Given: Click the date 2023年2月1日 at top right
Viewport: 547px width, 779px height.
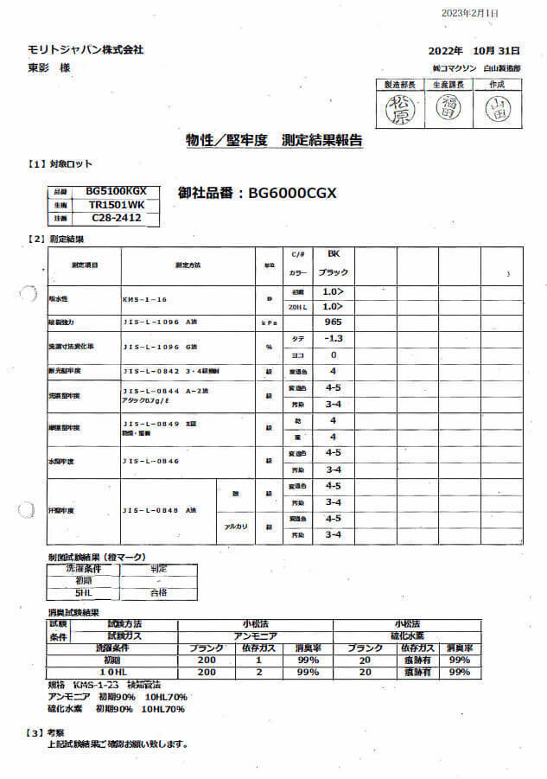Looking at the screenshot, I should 493,13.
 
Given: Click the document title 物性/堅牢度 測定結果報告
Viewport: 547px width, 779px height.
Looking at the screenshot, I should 274,140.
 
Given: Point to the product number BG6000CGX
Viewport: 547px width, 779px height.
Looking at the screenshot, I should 256,194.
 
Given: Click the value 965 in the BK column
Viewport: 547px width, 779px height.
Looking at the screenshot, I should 333,321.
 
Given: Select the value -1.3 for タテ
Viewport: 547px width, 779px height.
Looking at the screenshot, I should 333,338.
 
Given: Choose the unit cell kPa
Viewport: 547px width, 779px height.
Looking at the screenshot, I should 268,322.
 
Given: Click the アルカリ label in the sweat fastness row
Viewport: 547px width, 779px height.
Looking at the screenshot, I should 237,527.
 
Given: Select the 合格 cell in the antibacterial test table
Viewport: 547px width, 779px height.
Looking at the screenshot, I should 158,593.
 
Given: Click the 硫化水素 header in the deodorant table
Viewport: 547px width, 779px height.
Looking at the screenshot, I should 406,635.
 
